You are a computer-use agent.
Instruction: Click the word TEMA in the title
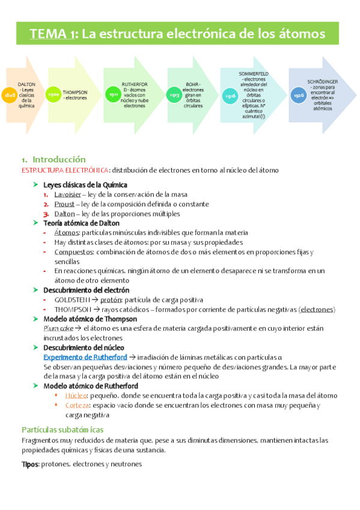[50, 34]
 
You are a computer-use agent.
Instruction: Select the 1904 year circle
[54, 94]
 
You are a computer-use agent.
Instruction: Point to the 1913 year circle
[173, 95]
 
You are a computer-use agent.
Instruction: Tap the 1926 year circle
[298, 96]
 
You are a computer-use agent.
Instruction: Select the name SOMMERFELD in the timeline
[254, 73]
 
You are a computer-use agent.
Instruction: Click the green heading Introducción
[59, 159]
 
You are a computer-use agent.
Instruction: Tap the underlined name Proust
[64, 204]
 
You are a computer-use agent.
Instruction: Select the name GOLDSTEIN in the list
[72, 299]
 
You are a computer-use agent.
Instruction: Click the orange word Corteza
[78, 405]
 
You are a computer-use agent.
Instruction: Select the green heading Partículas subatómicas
[63, 429]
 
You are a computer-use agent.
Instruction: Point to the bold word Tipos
[30, 464]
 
